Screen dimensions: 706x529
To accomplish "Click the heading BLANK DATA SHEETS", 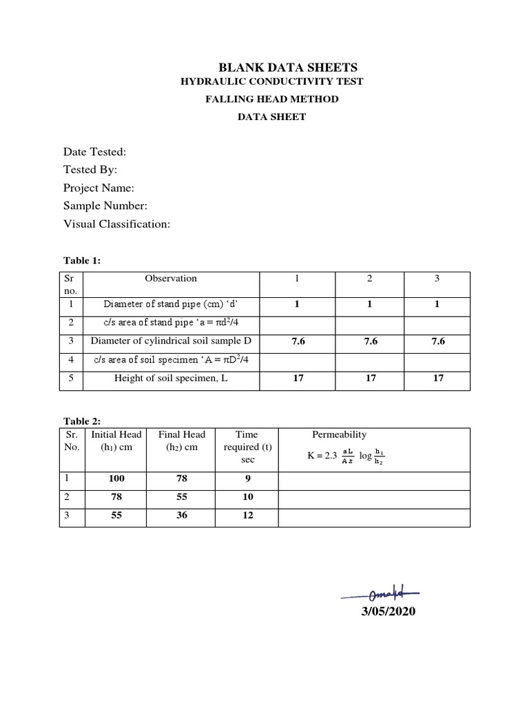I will [288, 67].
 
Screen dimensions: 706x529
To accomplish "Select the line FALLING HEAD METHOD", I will [272, 99].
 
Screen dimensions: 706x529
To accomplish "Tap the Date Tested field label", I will [94, 152].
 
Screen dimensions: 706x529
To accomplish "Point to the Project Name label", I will [98, 188].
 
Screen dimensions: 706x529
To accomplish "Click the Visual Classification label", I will [116, 223].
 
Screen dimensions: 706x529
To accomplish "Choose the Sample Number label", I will [105, 205].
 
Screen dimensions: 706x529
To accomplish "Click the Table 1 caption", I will [82, 261].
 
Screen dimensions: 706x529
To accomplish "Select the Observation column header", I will [171, 279].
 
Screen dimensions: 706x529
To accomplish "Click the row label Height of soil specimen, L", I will [171, 378].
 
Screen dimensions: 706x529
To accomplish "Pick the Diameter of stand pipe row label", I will [171, 304].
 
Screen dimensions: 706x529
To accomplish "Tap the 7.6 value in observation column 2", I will [369, 341].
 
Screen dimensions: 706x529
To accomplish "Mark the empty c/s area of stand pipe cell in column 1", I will [297, 323].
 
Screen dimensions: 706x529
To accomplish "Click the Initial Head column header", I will [116, 441].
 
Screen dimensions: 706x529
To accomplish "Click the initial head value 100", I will [116, 478].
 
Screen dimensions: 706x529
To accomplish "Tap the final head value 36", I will [182, 515].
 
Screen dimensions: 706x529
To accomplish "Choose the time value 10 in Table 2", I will [248, 497].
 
